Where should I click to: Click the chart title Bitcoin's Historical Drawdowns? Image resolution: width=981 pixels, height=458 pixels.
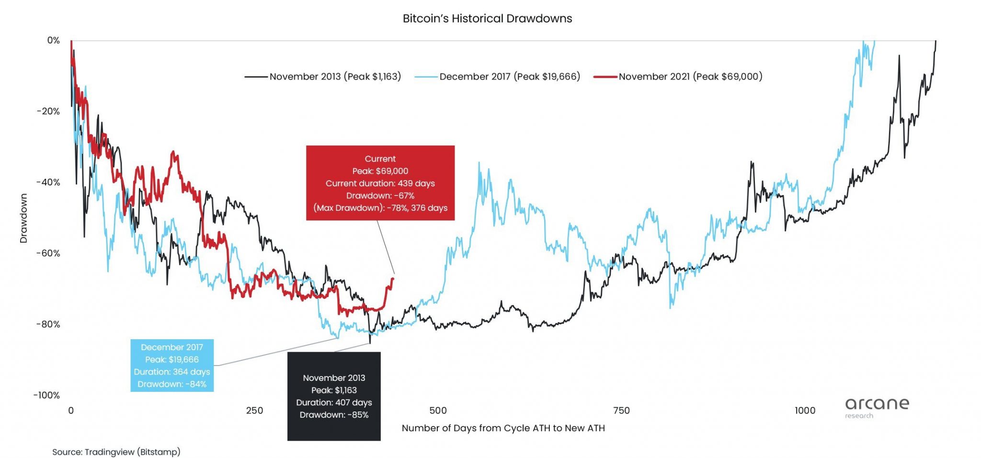pyautogui.click(x=487, y=19)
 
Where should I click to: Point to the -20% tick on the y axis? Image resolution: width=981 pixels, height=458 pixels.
pyautogui.click(x=48, y=112)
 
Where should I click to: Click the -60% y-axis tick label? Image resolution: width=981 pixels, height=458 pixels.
pyautogui.click(x=48, y=253)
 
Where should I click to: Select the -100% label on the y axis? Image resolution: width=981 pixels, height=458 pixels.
pyautogui.click(x=46, y=395)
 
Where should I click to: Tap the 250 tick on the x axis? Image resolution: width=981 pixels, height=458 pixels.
pyautogui.click(x=254, y=411)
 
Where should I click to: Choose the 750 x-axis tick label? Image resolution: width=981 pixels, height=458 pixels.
pyautogui.click(x=621, y=411)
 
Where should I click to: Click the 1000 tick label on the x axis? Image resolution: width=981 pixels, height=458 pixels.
pyautogui.click(x=805, y=411)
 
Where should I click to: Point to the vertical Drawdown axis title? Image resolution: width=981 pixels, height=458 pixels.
pyautogui.click(x=23, y=218)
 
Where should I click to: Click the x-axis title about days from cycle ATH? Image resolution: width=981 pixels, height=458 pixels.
pyautogui.click(x=503, y=428)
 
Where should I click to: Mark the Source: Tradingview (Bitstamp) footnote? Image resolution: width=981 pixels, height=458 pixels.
pyautogui.click(x=116, y=452)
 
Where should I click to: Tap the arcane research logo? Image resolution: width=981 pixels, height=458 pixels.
pyautogui.click(x=877, y=407)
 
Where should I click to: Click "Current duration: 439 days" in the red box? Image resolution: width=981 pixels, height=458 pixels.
pyautogui.click(x=380, y=183)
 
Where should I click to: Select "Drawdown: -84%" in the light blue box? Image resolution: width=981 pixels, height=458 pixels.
pyautogui.click(x=172, y=384)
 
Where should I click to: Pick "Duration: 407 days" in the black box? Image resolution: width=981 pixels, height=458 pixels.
pyautogui.click(x=334, y=402)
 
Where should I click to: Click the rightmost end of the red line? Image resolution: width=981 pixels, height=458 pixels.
pyautogui.click(x=393, y=279)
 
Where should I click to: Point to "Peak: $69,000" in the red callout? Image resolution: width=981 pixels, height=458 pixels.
pyautogui.click(x=380, y=171)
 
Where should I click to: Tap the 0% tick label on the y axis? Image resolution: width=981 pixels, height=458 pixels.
pyautogui.click(x=53, y=41)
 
